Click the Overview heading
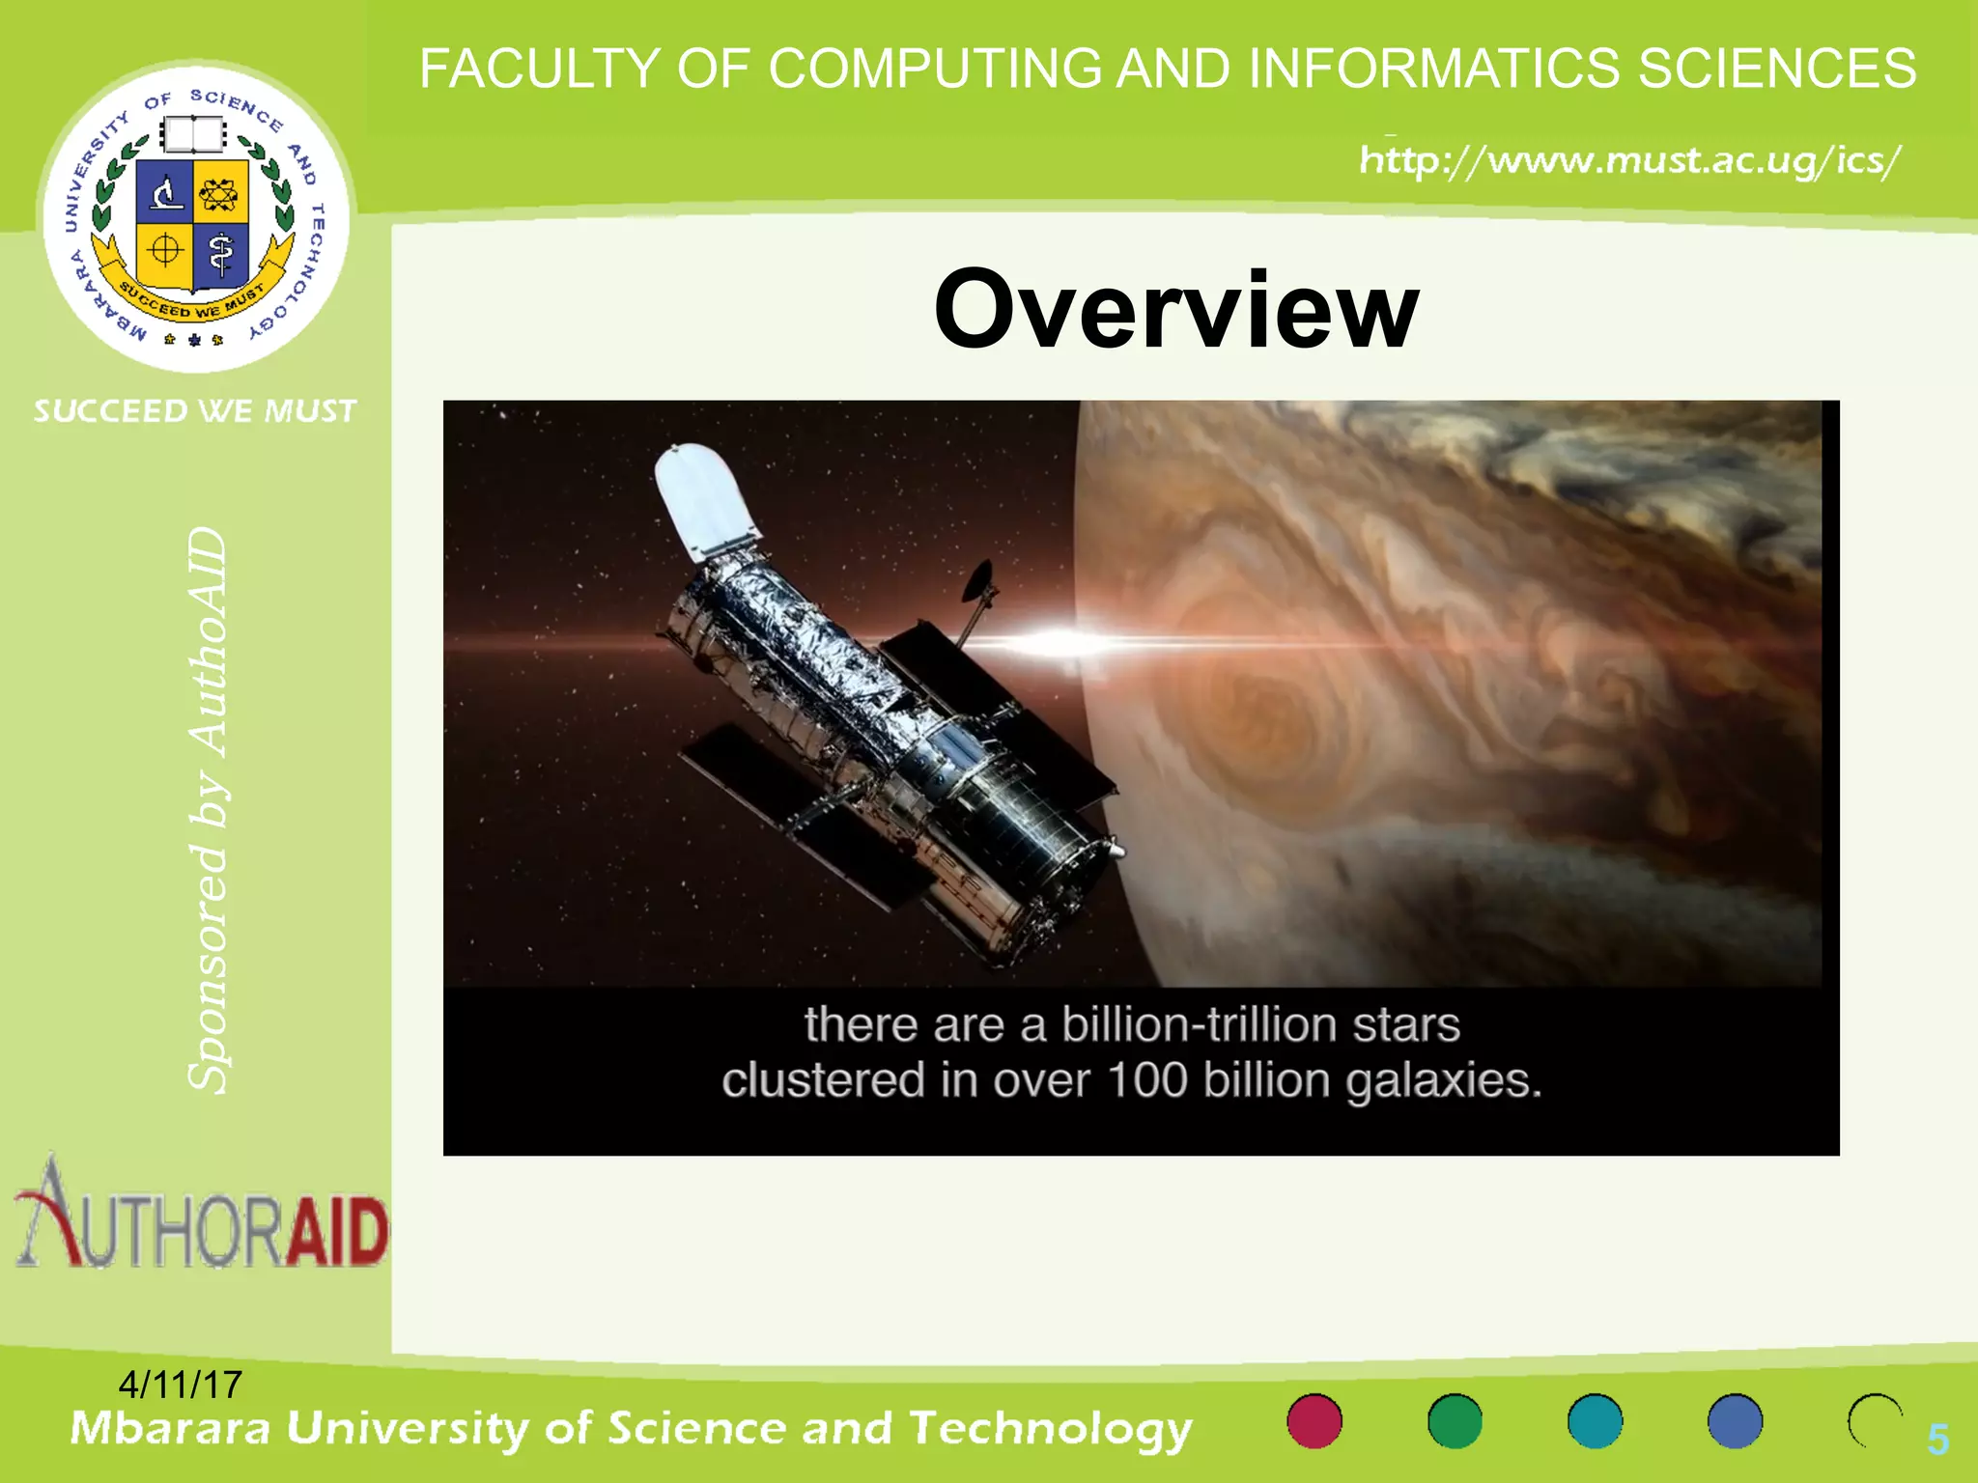tap(1175, 309)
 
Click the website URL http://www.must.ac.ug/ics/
tap(1629, 160)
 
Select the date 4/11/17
tap(180, 1385)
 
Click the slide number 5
tap(1937, 1440)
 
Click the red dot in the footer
tap(1314, 1421)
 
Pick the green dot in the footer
tap(1455, 1421)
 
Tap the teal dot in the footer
tap(1595, 1421)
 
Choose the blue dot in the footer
tap(1735, 1421)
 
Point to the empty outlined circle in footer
tap(1875, 1421)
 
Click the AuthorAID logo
tap(201, 1217)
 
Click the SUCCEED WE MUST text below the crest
tap(195, 411)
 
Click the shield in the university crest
tap(192, 224)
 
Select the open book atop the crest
tap(192, 134)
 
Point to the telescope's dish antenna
tap(978, 579)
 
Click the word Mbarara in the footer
tap(170, 1428)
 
